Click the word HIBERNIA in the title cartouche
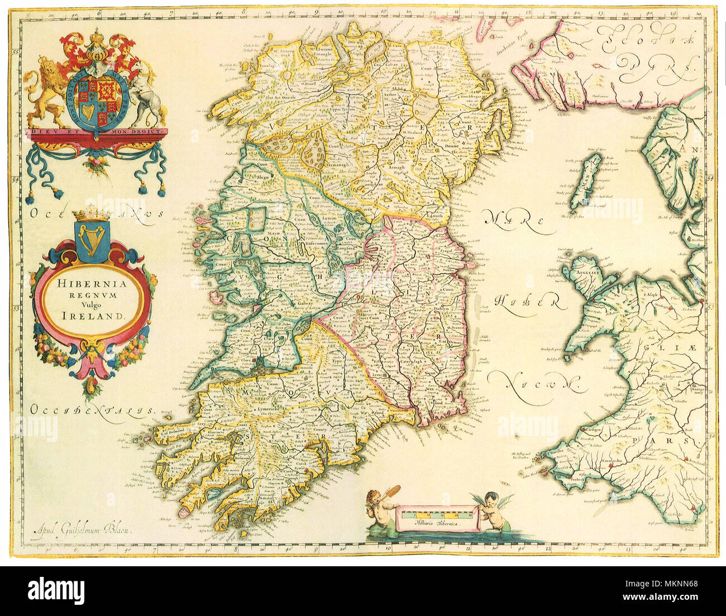tap(92, 283)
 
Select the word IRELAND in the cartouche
tap(92, 315)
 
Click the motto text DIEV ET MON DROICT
tap(96, 131)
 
